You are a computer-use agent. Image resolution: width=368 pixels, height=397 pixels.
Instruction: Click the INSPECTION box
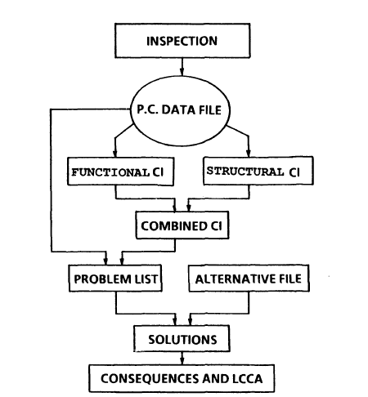(x=182, y=41)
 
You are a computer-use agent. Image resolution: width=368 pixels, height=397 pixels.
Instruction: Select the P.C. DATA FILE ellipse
(x=180, y=110)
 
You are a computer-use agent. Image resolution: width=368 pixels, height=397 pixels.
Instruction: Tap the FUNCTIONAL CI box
(x=120, y=172)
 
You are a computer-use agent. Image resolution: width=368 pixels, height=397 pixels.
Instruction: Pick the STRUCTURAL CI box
(x=258, y=171)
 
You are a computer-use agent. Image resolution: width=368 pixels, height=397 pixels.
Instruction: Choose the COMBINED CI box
(x=182, y=225)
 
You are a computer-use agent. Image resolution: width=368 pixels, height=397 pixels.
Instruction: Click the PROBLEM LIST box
(x=115, y=279)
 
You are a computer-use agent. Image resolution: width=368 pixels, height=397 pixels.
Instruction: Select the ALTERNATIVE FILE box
(x=249, y=278)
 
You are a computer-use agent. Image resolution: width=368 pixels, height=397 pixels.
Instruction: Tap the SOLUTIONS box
(x=182, y=338)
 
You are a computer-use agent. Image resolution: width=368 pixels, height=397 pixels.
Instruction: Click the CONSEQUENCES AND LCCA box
(x=182, y=378)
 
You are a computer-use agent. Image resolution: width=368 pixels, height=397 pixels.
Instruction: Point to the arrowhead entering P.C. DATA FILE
(x=182, y=72)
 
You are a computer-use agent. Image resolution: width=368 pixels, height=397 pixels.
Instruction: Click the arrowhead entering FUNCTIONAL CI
(x=115, y=154)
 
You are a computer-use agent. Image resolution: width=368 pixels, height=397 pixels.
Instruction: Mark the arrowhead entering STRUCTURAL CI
(x=248, y=153)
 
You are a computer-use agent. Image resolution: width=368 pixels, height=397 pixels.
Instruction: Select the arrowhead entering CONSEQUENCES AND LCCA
(x=182, y=361)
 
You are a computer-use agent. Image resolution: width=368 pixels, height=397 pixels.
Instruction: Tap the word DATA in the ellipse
(x=178, y=109)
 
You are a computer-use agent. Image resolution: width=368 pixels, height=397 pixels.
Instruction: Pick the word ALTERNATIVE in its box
(x=231, y=279)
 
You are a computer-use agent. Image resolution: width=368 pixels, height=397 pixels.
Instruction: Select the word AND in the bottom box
(x=216, y=379)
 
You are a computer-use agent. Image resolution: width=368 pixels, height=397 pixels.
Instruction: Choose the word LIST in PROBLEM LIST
(x=146, y=279)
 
